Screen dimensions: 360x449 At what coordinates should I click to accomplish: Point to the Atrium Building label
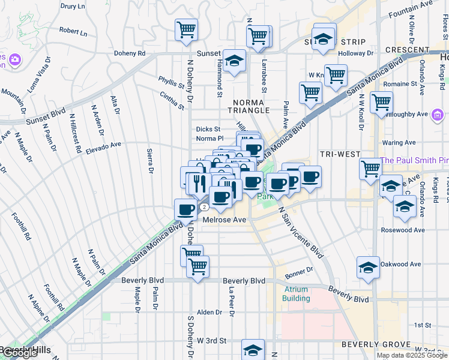tap(297, 293)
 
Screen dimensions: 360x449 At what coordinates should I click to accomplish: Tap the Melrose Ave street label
tap(224, 220)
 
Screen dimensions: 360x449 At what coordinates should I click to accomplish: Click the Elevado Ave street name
tap(103, 145)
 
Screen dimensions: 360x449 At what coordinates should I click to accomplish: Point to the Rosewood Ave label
tap(403, 230)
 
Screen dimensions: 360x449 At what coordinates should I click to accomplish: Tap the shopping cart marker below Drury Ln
tap(187, 29)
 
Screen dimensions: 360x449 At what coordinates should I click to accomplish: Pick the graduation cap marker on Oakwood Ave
tap(368, 268)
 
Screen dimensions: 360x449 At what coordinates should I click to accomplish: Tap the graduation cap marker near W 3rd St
tap(253, 349)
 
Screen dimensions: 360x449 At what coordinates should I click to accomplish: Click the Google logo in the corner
tap(20, 353)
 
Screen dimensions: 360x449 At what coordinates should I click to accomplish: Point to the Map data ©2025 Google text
tap(411, 355)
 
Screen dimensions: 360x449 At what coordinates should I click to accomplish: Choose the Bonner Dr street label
tap(299, 271)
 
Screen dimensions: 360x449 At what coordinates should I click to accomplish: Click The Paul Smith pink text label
tap(414, 160)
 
